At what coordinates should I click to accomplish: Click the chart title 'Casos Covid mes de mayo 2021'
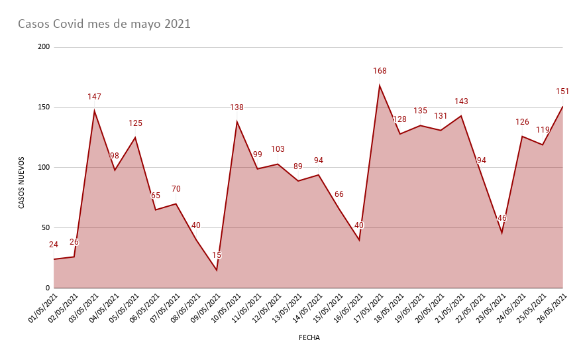click(104, 25)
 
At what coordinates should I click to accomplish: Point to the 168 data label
click(380, 71)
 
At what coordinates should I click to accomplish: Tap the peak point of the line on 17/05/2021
click(380, 86)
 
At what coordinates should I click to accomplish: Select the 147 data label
click(94, 97)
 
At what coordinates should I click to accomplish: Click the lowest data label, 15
click(217, 255)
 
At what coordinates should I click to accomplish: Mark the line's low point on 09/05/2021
click(217, 270)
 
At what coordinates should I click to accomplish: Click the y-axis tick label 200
click(44, 47)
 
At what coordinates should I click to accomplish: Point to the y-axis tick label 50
click(46, 227)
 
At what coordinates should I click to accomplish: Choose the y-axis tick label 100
click(44, 167)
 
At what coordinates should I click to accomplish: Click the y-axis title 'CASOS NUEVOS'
click(21, 182)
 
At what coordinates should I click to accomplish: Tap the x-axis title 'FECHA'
click(309, 337)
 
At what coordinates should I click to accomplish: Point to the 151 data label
click(562, 91)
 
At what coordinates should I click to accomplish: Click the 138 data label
click(237, 107)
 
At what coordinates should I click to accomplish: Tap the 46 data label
click(502, 218)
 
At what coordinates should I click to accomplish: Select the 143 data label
click(461, 101)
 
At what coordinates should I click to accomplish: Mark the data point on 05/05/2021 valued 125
click(135, 137)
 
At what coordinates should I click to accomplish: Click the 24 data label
click(54, 245)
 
